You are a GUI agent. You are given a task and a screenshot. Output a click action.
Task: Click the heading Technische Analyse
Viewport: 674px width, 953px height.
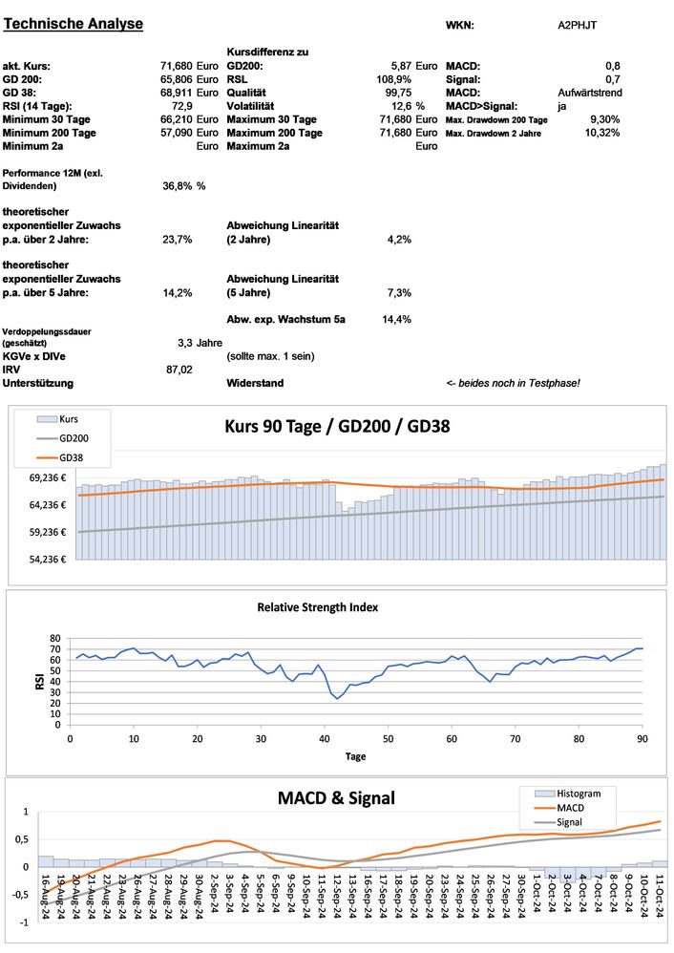tap(74, 24)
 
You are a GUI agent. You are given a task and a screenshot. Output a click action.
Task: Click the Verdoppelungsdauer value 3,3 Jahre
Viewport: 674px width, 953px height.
tap(200, 342)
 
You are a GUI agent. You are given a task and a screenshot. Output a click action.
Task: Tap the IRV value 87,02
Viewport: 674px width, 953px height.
tap(179, 369)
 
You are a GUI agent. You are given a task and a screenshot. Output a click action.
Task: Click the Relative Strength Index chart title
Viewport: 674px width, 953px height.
tap(331, 606)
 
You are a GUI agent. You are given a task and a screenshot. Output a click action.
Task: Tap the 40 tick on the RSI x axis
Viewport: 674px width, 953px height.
tap(324, 738)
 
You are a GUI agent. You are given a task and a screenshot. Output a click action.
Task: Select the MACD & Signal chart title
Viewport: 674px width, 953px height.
tap(335, 797)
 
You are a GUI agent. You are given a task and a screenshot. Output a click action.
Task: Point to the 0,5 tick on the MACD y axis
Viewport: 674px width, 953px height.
tap(20, 839)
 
